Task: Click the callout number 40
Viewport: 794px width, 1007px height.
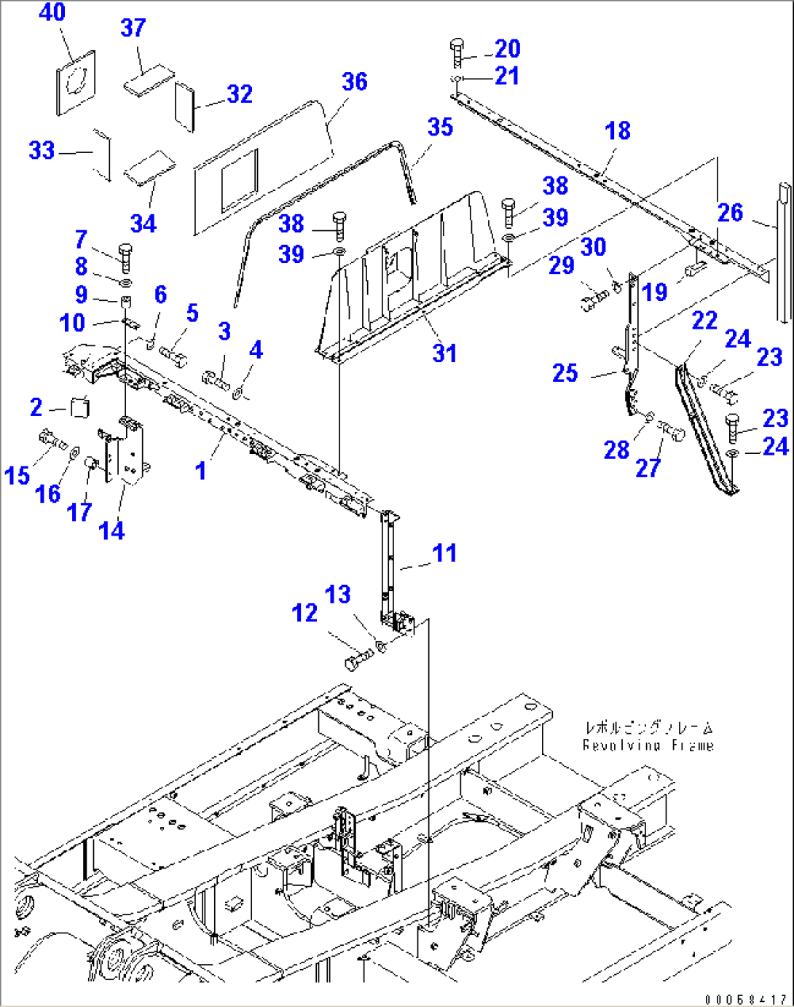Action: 52,12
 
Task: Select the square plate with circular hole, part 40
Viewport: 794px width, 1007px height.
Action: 76,81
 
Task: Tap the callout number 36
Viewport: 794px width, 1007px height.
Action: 354,82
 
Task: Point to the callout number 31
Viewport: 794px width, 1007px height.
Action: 444,353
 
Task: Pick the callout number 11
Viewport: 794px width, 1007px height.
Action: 444,553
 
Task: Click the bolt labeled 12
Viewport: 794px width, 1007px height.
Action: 357,660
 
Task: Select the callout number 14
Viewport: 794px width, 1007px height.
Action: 111,530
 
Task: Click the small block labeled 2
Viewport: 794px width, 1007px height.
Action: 80,407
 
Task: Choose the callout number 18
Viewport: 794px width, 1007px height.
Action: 618,131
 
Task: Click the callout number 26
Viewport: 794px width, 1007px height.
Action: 730,213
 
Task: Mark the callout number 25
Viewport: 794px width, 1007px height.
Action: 565,373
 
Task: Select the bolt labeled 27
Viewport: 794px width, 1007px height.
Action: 672,431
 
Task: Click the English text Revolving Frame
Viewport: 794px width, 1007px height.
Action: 648,745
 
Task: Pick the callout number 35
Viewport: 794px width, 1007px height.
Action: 440,127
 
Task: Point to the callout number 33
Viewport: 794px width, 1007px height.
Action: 42,150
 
